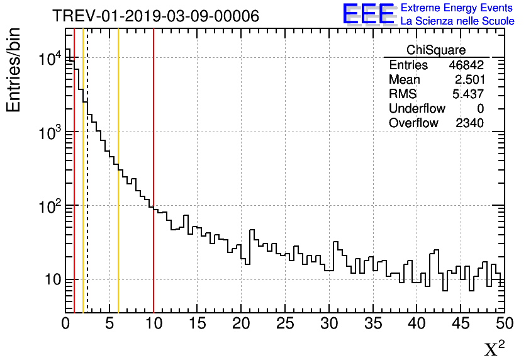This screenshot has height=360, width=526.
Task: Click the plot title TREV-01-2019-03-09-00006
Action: point(155,16)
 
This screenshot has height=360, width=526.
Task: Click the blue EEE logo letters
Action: point(368,14)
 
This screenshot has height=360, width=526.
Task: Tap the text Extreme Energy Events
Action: point(457,8)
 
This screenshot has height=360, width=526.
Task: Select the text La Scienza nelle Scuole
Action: point(457,21)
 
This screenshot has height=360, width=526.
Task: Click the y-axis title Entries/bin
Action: point(13,69)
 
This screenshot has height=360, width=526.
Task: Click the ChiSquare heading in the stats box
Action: point(435,50)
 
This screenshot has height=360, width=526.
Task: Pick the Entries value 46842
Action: point(466,65)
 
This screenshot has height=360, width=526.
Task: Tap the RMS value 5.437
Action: point(469,94)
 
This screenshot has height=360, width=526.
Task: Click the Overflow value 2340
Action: point(469,123)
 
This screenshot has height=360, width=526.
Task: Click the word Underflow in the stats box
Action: point(417,109)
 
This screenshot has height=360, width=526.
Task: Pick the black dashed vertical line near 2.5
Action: point(87,189)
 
